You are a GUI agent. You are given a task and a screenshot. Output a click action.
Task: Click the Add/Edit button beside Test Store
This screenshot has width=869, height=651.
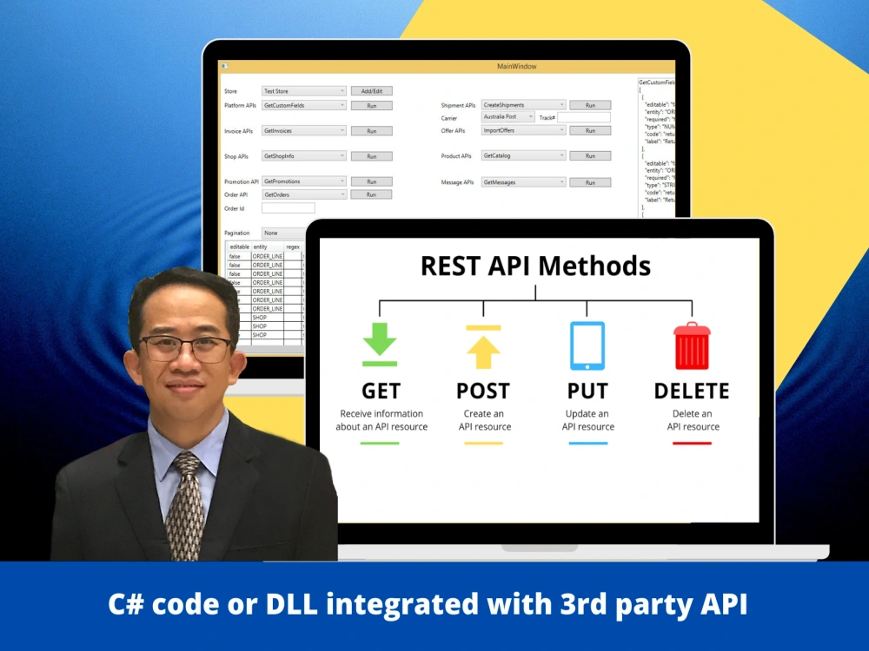[x=371, y=91]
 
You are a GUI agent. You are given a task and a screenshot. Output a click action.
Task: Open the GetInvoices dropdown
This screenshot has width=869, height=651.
[x=304, y=131]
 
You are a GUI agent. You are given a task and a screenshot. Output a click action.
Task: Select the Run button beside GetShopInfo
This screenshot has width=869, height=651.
[x=371, y=157]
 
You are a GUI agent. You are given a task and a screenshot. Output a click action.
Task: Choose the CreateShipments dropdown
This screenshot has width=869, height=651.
[x=524, y=105]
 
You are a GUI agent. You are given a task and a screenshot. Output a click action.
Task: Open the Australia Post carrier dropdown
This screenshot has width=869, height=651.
[x=508, y=117]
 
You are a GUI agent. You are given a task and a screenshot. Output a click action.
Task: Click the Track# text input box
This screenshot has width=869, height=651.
[x=583, y=117]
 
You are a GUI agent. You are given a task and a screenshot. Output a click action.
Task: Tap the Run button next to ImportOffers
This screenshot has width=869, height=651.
[x=590, y=131]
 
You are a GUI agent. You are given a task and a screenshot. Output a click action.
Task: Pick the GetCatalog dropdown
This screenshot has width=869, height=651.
[x=524, y=156]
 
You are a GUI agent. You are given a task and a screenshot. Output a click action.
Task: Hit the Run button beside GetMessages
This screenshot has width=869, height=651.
[x=590, y=183]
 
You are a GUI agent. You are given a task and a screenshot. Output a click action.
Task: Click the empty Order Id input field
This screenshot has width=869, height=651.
[x=288, y=208]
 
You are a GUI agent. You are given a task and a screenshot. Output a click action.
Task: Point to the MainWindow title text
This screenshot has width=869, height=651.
[x=516, y=67]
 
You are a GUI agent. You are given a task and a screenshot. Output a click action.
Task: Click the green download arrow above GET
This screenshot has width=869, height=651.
[x=380, y=344]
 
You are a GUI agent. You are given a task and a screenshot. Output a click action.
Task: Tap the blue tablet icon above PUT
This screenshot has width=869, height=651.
[x=587, y=345]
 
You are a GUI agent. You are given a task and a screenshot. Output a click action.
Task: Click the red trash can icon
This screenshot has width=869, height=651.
[x=692, y=346]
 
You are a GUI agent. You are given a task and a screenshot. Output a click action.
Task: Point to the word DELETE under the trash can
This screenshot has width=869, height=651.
[x=692, y=391]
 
